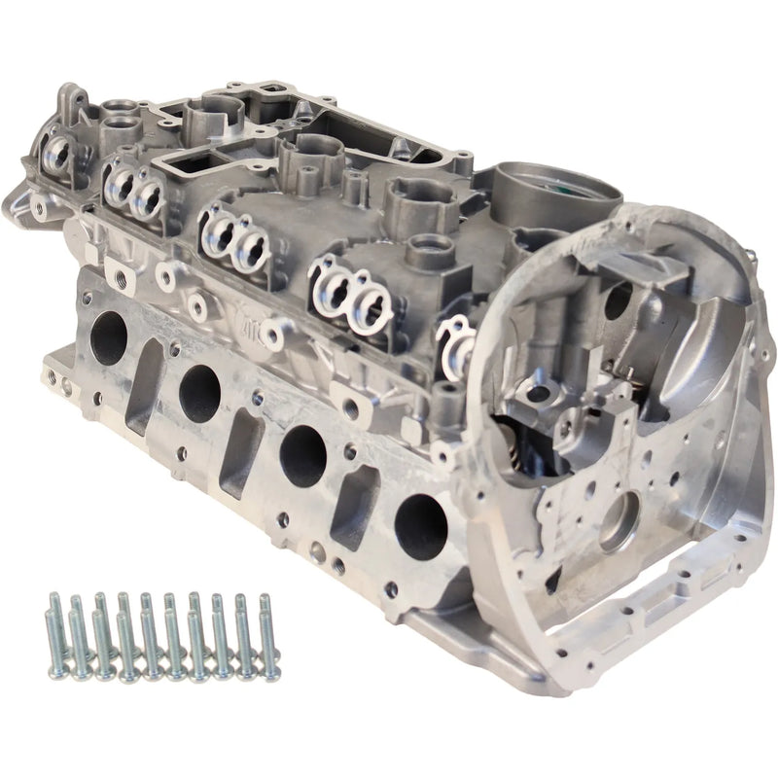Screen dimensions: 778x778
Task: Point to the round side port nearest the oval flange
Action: pyautogui.click(x=420, y=521)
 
